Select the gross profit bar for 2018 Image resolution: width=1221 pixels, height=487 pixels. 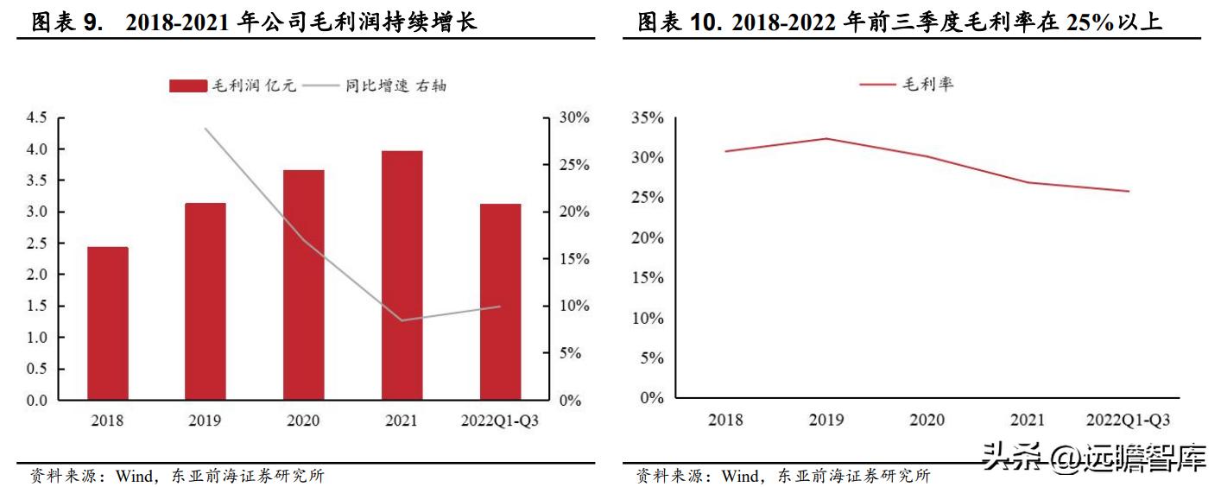(x=107, y=324)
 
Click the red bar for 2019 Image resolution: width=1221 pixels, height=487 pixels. (x=206, y=302)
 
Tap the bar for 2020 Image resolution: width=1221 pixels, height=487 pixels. (x=303, y=285)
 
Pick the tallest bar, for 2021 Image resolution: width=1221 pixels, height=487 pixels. (x=402, y=276)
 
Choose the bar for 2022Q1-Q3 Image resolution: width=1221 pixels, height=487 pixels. (x=500, y=302)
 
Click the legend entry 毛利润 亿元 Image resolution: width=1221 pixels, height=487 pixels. (x=233, y=85)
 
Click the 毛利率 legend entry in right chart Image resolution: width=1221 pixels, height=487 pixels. (x=907, y=84)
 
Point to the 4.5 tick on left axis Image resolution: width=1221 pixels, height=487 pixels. (x=36, y=118)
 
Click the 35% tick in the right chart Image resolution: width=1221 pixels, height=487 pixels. (x=648, y=118)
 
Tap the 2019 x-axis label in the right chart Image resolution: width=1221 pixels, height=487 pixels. (x=826, y=421)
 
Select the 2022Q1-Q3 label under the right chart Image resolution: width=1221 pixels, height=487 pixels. (x=1129, y=421)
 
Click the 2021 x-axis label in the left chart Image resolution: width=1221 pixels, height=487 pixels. (x=402, y=421)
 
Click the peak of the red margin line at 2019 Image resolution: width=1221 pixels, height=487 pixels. (x=826, y=138)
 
